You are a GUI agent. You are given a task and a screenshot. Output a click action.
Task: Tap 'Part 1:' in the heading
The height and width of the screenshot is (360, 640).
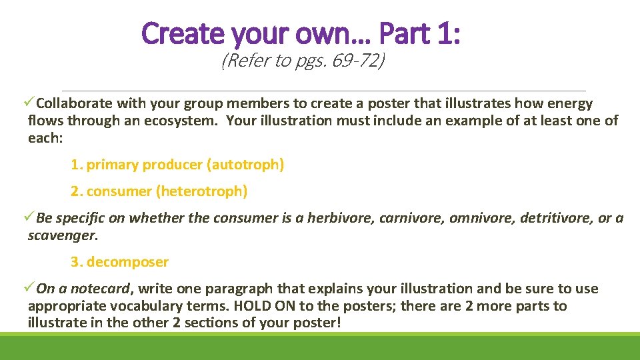pyautogui.click(x=419, y=33)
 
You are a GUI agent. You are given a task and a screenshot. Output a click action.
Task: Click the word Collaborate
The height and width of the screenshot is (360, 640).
pyautogui.click(x=75, y=103)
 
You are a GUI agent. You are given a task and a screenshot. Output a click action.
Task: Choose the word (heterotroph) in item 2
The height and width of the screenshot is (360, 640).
pyautogui.click(x=201, y=191)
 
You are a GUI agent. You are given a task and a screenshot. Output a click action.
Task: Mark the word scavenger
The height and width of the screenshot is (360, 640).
pyautogui.click(x=61, y=235)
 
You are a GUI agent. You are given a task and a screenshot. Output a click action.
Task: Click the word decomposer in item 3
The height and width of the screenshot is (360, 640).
pyautogui.click(x=127, y=262)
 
